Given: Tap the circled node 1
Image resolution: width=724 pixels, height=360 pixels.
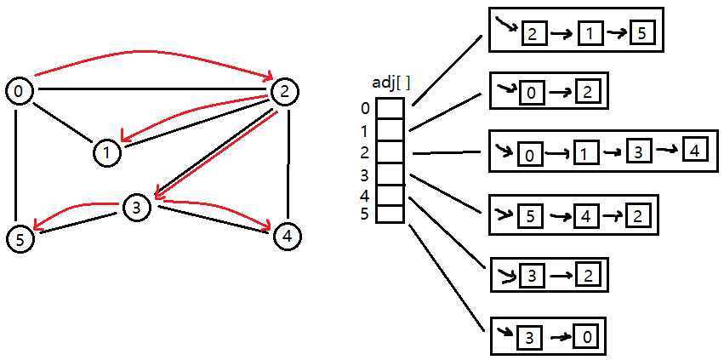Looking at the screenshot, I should pyautogui.click(x=106, y=153).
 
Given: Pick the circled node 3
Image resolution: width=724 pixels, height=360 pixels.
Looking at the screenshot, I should pyautogui.click(x=136, y=206).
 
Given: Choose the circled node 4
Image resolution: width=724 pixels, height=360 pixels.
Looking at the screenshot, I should pyautogui.click(x=288, y=236).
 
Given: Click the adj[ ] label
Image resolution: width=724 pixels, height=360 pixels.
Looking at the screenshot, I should pyautogui.click(x=392, y=83).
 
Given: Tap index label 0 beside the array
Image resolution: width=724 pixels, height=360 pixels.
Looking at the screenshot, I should pyautogui.click(x=365, y=109).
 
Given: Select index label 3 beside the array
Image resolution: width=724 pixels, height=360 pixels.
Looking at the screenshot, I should pyautogui.click(x=365, y=176).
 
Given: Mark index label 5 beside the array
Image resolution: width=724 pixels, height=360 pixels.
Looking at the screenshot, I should pyautogui.click(x=365, y=214).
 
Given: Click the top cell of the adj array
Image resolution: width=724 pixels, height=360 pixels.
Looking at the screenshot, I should pyautogui.click(x=390, y=109).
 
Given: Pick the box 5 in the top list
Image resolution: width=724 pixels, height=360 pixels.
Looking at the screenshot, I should pyautogui.click(x=643, y=34).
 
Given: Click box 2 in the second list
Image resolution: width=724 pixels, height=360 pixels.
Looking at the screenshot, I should pyautogui.click(x=586, y=92).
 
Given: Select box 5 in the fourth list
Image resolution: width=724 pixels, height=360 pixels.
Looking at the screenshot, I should pyautogui.click(x=530, y=216).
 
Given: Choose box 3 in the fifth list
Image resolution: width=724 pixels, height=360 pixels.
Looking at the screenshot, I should pyautogui.click(x=530, y=275).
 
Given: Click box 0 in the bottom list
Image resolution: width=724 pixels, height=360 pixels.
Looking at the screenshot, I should pyautogui.click(x=585, y=336).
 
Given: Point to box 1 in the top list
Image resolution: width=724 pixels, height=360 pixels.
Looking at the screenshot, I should pyautogui.click(x=589, y=34).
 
